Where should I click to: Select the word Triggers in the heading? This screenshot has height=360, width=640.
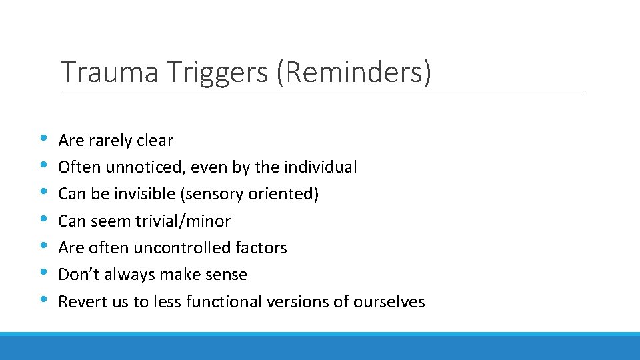pyautogui.click(x=218, y=72)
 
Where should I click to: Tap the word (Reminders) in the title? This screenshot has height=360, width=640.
pyautogui.click(x=355, y=72)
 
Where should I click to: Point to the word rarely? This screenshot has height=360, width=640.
pyautogui.click(x=110, y=141)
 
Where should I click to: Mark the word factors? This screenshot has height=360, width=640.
pyautogui.click(x=261, y=248)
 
